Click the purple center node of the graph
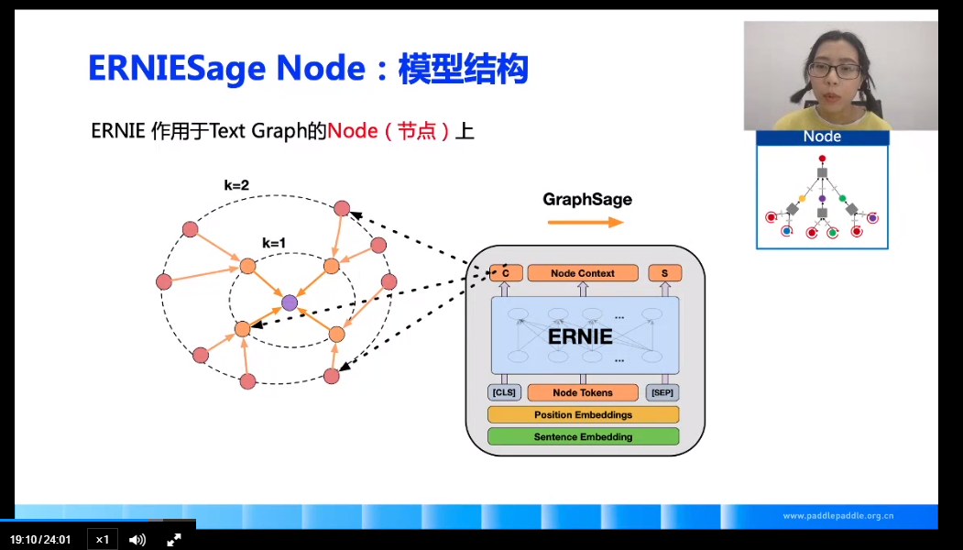pos(290,302)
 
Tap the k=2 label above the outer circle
pos(236,185)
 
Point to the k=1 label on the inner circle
pos(274,243)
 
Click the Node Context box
pos(583,273)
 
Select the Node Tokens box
pos(583,392)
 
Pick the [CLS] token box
pos(504,392)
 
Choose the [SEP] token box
pos(662,392)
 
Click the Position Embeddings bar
pos(583,414)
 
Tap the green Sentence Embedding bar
pos(583,437)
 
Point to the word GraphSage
pos(587,199)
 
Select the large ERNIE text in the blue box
pos(580,336)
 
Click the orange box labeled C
pos(506,273)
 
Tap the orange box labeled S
pos(664,273)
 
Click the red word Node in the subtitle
pos(353,131)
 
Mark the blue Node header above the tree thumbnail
pos(822,137)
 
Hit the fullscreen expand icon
pos(174,539)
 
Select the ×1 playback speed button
pos(103,539)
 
